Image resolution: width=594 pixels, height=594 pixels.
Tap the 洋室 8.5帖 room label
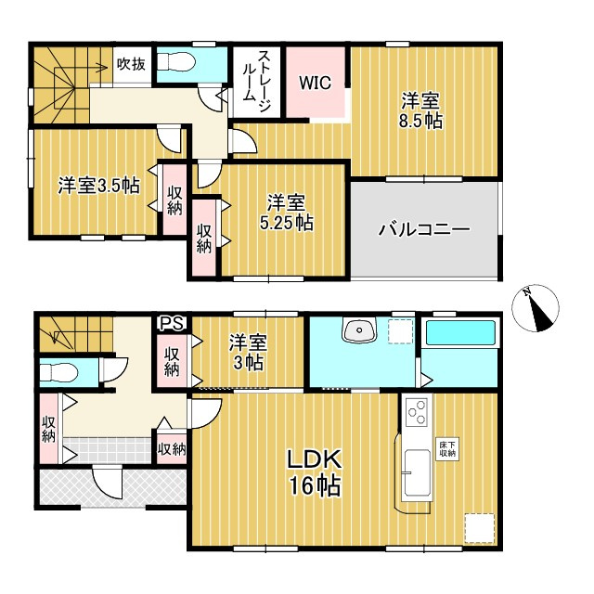tap(421, 110)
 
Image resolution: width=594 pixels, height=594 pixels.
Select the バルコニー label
tap(424, 229)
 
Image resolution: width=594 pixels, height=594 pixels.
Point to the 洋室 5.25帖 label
tap(285, 213)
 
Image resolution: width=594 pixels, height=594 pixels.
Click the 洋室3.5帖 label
tap(99, 186)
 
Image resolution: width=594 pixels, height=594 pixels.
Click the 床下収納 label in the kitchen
tap(447, 449)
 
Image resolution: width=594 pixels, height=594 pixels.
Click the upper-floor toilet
tap(176, 62)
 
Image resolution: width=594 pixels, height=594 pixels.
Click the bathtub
tap(461, 334)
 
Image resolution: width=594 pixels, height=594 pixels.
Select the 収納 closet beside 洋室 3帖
tap(173, 360)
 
